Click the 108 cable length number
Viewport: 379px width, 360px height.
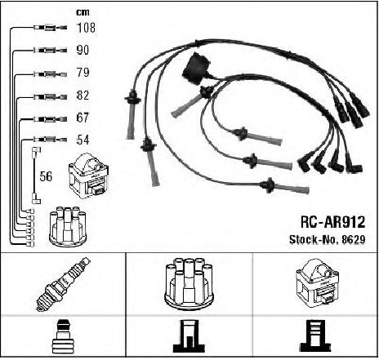pos(87,28)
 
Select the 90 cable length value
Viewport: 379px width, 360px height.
pos(82,50)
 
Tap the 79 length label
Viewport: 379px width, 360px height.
pos(82,73)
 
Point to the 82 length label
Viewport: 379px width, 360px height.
pos(82,96)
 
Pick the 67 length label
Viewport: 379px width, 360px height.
pos(82,118)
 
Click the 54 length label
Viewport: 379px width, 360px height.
pos(82,140)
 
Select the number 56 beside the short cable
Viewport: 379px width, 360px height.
pos(46,176)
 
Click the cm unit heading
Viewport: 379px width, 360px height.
pos(82,12)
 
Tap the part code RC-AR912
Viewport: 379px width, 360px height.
pos(332,222)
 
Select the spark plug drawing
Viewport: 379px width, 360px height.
pos(64,284)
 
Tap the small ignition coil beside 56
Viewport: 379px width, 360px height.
pos(89,176)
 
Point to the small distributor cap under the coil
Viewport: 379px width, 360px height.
pos(68,226)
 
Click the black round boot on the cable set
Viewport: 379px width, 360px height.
pos(196,69)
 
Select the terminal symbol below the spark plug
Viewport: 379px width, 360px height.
pos(62,337)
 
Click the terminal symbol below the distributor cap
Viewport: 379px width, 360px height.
pos(189,336)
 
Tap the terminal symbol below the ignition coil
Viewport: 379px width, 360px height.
pos(316,336)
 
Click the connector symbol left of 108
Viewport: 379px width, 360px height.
pos(50,28)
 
